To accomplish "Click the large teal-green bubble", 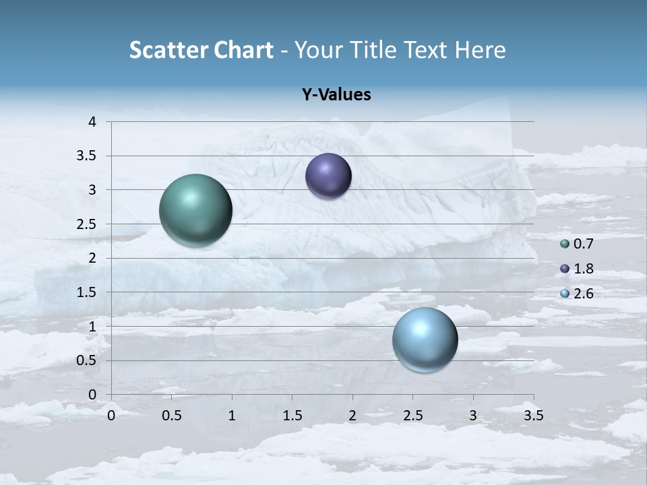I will [196, 210].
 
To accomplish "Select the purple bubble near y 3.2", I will [328, 176].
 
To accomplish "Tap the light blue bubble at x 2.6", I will [425, 339].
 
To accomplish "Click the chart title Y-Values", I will [336, 95].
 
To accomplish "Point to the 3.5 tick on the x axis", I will [533, 416].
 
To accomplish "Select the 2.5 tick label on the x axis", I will [412, 416].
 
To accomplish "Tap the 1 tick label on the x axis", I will [232, 416].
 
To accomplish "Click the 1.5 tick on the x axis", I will [292, 416].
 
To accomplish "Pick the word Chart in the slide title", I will [242, 50].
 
